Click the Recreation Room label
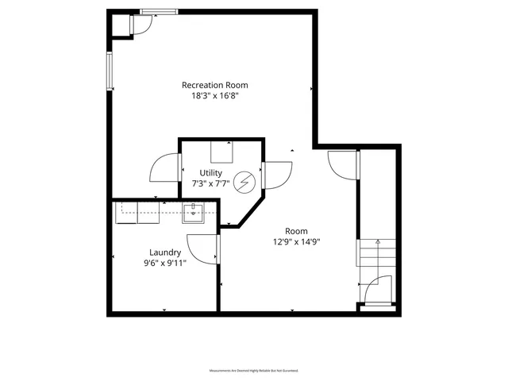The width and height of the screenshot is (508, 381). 214,85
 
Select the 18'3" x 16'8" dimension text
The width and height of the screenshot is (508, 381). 214,95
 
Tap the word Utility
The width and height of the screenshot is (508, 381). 211,172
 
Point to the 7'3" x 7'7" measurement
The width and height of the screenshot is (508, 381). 211,183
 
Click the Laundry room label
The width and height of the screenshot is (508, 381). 165,252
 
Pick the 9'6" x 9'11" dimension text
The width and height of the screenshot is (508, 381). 165,263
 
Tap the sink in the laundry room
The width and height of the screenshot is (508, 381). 194,211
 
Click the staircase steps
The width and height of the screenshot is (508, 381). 373,256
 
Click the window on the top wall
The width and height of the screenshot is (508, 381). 160,11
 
